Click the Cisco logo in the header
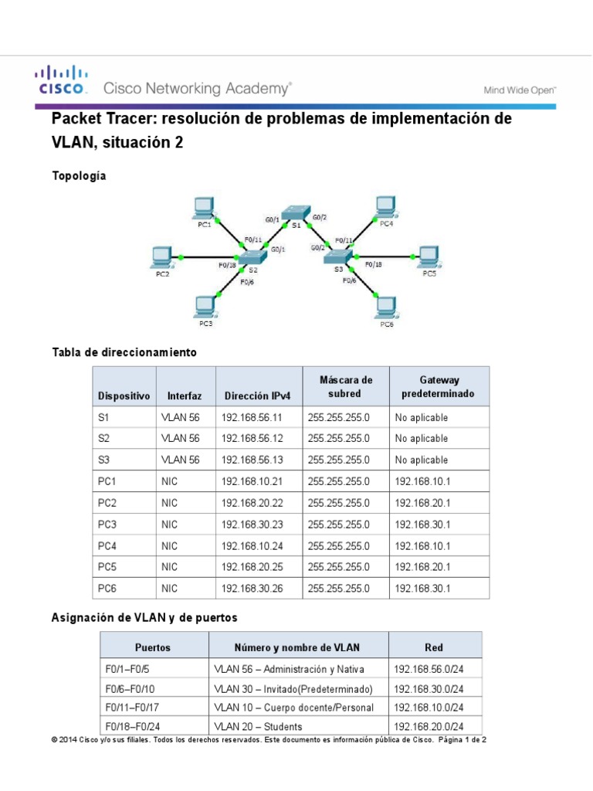coord(60,80)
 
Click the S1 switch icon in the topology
coord(294,211)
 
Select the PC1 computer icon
coord(203,207)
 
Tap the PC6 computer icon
coord(385,307)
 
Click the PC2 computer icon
coord(161,256)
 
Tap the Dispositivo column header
coord(124,395)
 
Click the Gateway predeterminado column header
coord(439,387)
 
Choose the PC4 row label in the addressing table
coord(107,546)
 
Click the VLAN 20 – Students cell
coord(258,726)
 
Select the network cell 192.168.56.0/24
coord(429,669)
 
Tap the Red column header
coord(434,647)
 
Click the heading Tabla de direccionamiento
coord(124,352)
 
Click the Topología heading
coord(79,176)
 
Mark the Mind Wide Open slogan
coord(520,90)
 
